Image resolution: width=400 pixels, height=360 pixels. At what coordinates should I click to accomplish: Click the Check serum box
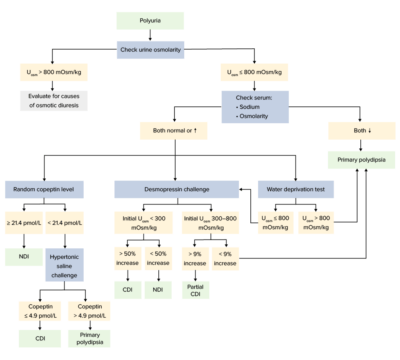point(254,105)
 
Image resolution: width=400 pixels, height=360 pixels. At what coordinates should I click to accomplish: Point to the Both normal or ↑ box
point(171,130)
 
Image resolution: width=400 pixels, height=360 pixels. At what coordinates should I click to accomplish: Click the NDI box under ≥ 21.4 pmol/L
point(23,257)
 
